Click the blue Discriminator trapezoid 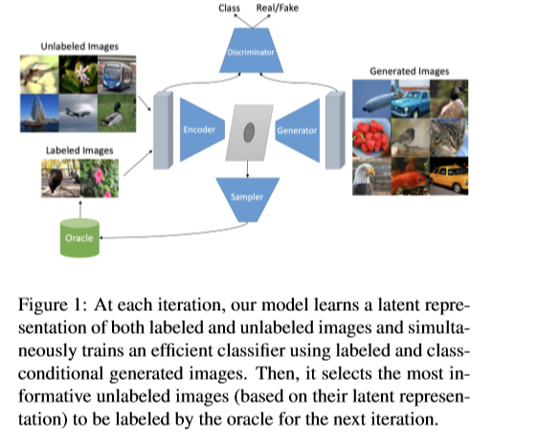point(251,51)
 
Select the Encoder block point(202,129)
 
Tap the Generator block point(298,130)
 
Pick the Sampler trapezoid point(247,199)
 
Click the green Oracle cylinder point(79,237)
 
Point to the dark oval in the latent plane point(249,132)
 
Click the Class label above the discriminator point(229,8)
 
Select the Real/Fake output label point(278,8)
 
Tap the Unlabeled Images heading point(79,46)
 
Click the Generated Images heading point(410,71)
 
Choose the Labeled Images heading point(79,150)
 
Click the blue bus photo point(117,75)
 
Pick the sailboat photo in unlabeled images point(39,113)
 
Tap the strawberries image point(371,138)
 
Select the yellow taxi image point(449,176)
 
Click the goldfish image point(411,176)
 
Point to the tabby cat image point(449,138)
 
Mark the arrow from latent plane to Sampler point(247,168)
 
